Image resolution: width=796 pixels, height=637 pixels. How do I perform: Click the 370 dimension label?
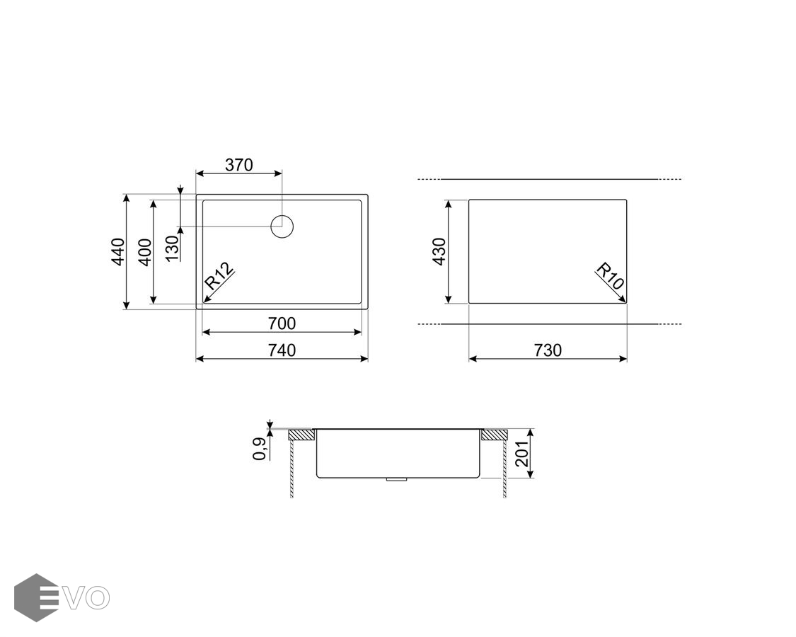pos(238,165)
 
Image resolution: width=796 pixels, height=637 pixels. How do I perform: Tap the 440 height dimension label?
pos(117,251)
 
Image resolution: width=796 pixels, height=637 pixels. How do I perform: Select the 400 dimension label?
pos(144,252)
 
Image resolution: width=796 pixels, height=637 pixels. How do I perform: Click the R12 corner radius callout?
pos(219,276)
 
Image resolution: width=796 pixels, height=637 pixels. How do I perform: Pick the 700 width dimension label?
pos(282,323)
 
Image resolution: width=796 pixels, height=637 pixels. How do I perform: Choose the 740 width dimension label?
pos(282,350)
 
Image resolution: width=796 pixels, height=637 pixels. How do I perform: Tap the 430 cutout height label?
pos(439,251)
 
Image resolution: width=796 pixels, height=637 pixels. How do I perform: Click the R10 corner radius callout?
pos(610,276)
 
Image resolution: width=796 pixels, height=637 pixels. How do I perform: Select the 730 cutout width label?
pos(548,350)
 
